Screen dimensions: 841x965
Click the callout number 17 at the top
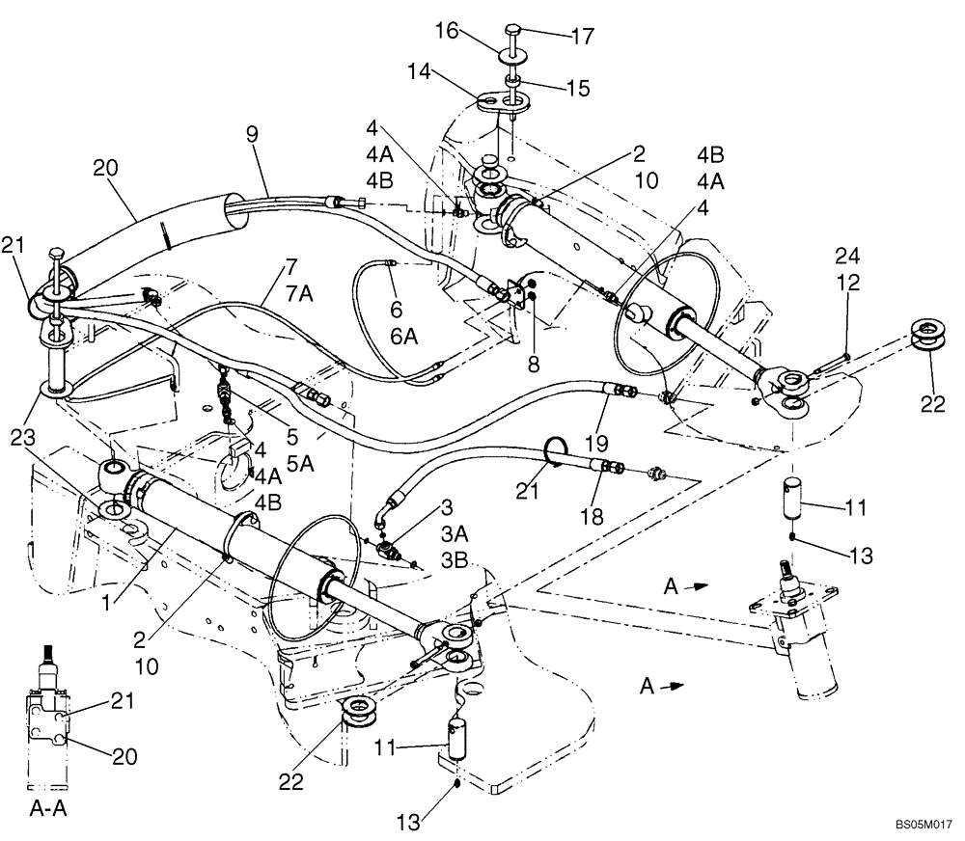tap(583, 37)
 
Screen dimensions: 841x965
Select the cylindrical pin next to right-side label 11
tap(796, 496)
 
